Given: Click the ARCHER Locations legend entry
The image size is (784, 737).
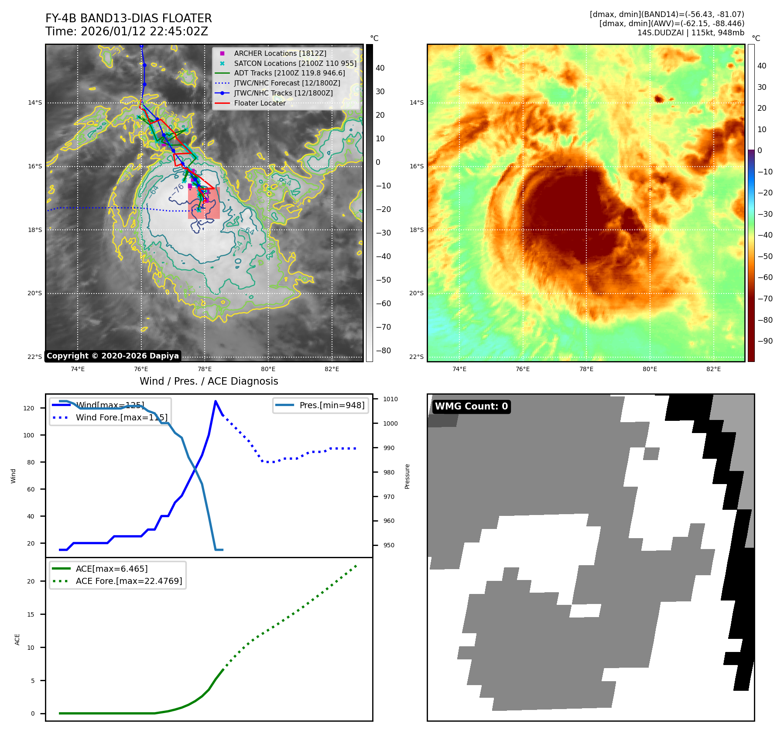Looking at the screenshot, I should click(280, 53).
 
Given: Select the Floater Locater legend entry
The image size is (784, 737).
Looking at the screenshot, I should click(260, 103).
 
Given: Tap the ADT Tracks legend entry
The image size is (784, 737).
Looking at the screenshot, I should click(289, 73).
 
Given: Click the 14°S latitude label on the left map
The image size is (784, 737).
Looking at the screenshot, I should click(35, 103).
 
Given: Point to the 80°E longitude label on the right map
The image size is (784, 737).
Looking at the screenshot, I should click(650, 369).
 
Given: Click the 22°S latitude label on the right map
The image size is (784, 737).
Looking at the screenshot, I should click(416, 357).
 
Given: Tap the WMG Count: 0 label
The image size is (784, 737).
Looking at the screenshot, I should click(471, 406).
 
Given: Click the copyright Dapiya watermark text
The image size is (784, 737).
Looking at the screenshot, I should click(113, 356).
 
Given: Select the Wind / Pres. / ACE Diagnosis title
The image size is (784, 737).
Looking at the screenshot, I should click(209, 381).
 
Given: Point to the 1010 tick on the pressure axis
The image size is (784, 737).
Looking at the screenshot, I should click(390, 399).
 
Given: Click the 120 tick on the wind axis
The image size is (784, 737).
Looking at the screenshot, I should click(29, 408).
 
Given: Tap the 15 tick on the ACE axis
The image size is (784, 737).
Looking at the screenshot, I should click(31, 614).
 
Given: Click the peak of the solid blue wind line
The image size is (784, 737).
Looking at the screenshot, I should click(216, 401).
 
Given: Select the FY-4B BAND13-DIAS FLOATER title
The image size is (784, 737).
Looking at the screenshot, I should click(128, 18).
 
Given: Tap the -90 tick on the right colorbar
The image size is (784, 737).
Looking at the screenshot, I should click(765, 341).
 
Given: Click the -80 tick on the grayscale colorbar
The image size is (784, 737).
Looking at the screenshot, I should click(383, 351).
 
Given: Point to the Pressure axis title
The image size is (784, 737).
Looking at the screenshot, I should click(407, 476).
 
